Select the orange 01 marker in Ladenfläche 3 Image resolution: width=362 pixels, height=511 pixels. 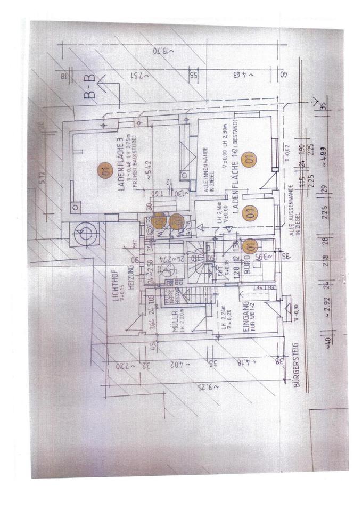(x=105, y=171)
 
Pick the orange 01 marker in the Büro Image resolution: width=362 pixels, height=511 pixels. (x=250, y=246)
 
